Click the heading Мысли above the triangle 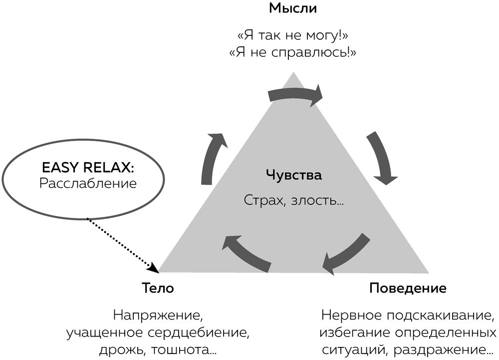pos(293,8)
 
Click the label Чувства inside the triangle pos(293,175)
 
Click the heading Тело pos(158,288)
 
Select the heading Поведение pos(408,288)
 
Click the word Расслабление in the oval pos(88,183)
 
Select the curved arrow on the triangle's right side pos(382,158)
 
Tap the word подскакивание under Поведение pos(440,316)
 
